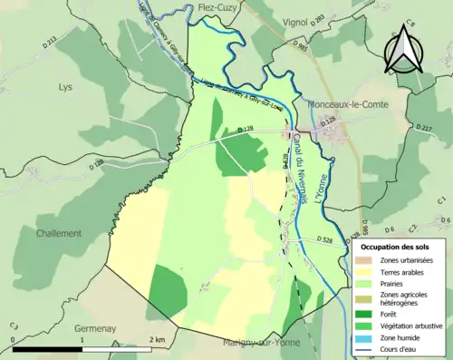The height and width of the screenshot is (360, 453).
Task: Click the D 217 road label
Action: pyautogui.click(x=423, y=130)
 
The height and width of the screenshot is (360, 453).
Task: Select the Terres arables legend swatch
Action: pyautogui.click(x=367, y=270)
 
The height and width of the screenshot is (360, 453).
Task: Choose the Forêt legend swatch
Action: pyautogui.click(x=367, y=314)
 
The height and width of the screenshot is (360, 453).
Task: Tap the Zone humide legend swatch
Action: pyautogui.click(x=367, y=338)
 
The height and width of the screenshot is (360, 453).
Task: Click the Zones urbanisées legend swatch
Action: pyautogui.click(x=367, y=259)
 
